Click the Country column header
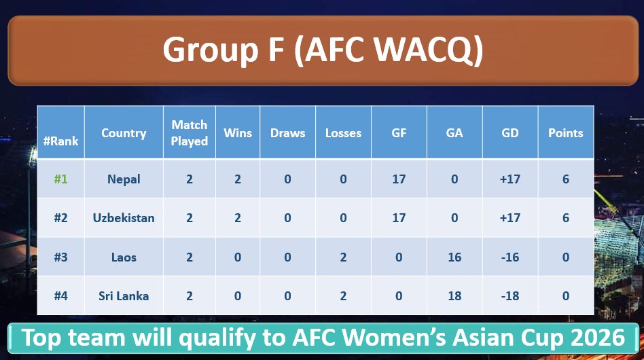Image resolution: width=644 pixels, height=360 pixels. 124,133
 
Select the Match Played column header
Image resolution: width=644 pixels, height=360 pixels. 190,133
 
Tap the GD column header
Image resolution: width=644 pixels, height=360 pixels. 510,133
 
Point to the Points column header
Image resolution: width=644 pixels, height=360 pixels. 566,133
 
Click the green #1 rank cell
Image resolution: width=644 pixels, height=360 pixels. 60,179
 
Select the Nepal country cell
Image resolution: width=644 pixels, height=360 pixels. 124,179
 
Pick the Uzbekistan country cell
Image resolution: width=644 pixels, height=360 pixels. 124,218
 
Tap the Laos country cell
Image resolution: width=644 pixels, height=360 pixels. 124,257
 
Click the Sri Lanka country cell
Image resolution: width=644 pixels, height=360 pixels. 124,296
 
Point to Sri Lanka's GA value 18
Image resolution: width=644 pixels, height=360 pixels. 454,296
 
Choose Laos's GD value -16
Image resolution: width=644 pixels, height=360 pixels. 510,257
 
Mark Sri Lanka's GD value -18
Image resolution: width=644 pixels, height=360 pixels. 510,296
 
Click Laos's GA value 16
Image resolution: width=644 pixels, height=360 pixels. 454,257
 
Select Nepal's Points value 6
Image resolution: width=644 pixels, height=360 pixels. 566,179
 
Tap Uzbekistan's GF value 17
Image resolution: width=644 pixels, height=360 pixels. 399,218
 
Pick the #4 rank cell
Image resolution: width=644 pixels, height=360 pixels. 60,296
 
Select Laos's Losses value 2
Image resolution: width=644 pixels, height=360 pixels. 343,257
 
